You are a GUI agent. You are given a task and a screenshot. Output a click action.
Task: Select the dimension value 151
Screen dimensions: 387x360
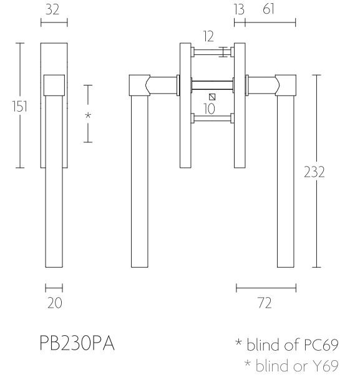20,107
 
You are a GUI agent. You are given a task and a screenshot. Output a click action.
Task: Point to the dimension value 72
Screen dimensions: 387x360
266,303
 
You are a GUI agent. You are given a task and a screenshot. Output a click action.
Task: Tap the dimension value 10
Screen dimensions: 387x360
210,108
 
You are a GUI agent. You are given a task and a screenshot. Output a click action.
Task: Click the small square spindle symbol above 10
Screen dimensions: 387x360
212,97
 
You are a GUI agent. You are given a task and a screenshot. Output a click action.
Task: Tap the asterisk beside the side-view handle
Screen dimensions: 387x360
88,115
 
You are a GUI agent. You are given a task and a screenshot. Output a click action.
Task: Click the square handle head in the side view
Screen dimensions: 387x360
54,86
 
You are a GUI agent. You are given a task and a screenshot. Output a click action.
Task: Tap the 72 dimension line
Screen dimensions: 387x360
266,288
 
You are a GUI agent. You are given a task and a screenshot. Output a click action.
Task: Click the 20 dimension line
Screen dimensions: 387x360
54,288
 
